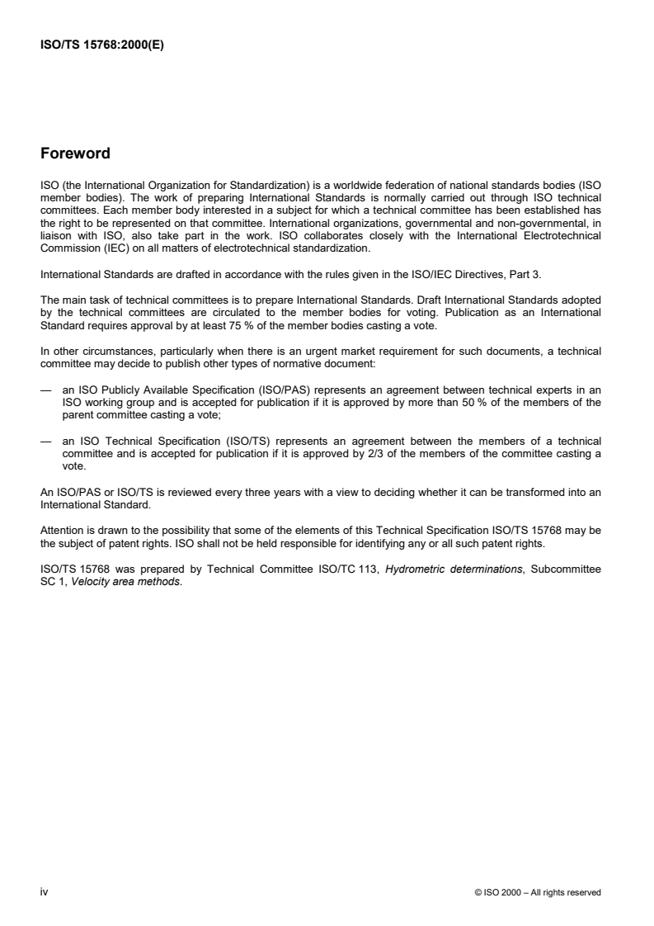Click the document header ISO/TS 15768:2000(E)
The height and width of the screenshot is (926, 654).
(102, 46)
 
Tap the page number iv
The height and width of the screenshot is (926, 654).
(45, 891)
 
